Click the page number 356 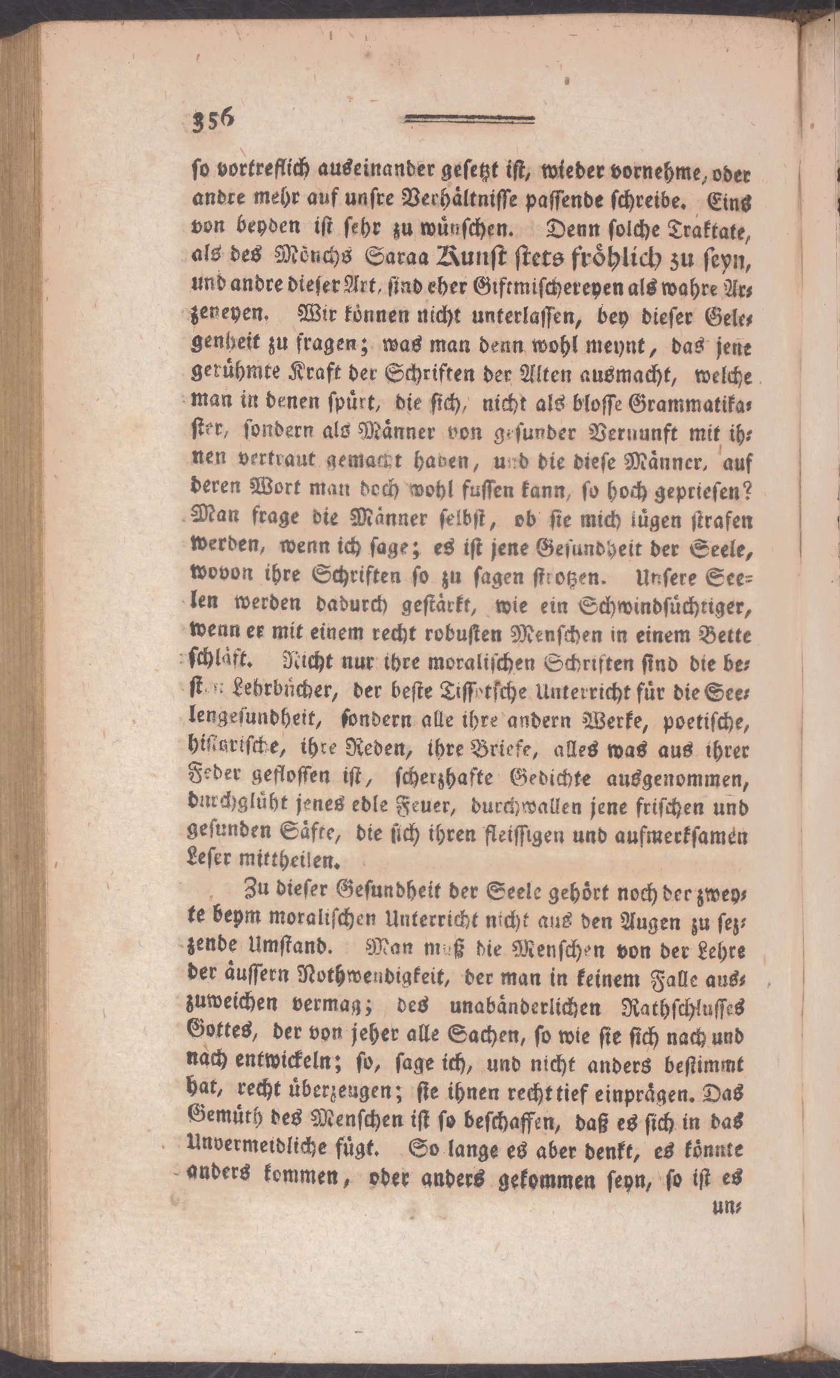(213, 120)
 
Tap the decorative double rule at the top (469, 118)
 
